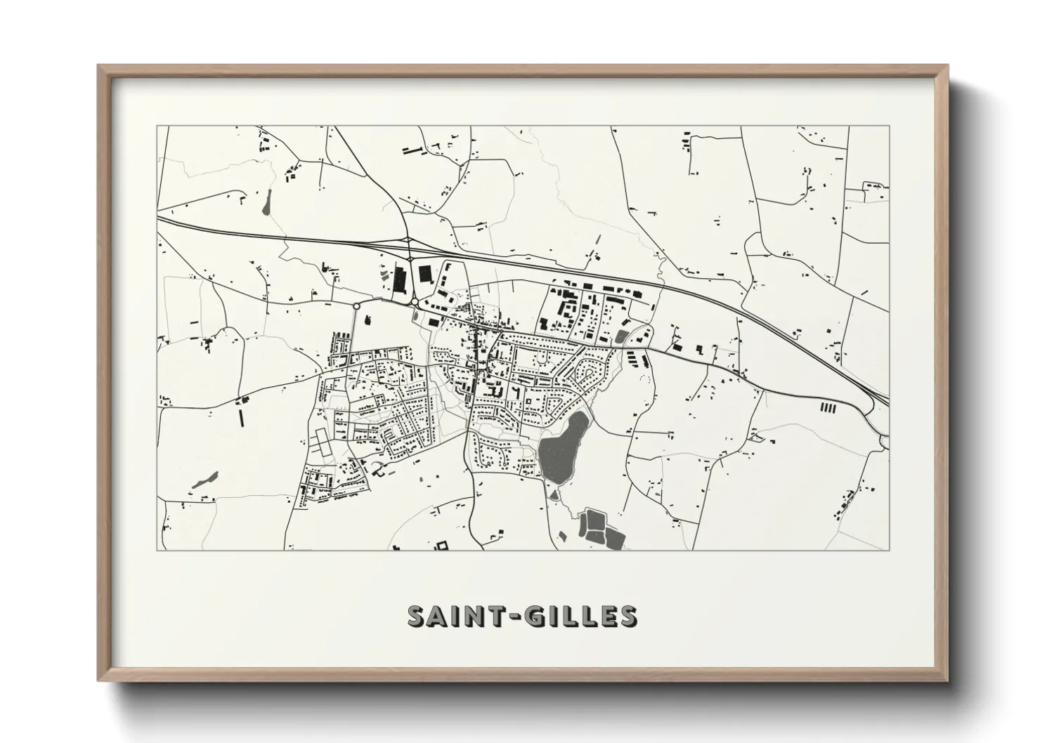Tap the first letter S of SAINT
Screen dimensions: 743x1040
click(x=418, y=616)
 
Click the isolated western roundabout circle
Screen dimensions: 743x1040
click(x=356, y=306)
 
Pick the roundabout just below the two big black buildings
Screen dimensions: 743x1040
click(x=415, y=302)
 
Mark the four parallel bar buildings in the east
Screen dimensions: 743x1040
click(x=828, y=407)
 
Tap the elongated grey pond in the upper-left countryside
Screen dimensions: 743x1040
click(x=266, y=203)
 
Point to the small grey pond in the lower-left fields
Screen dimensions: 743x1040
click(x=201, y=481)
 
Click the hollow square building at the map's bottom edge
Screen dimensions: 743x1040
click(x=442, y=545)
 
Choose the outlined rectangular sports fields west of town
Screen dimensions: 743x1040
click(x=320, y=442)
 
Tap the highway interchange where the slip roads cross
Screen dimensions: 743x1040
click(x=408, y=242)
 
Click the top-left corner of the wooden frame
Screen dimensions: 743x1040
click(x=99, y=67)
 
